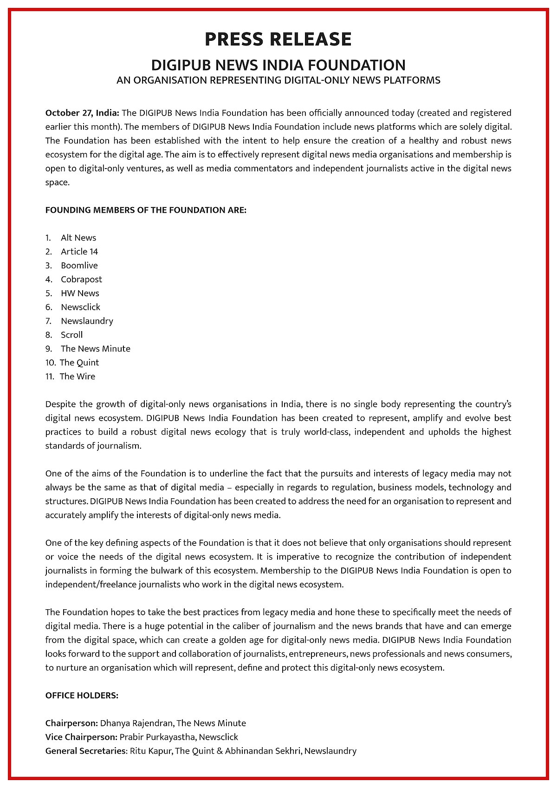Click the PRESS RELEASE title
point(278,39)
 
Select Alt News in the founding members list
point(78,238)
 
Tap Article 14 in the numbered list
point(79,252)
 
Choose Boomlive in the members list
point(79,266)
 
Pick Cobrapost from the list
point(81,280)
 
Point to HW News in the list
point(80,293)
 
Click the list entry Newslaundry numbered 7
point(87,321)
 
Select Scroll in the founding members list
point(71,335)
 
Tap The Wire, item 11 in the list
point(77,377)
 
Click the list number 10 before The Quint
point(50,363)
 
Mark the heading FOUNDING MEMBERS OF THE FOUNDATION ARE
point(146,210)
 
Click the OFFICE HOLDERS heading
point(82,696)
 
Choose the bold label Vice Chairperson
point(81,737)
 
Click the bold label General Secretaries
point(85,751)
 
